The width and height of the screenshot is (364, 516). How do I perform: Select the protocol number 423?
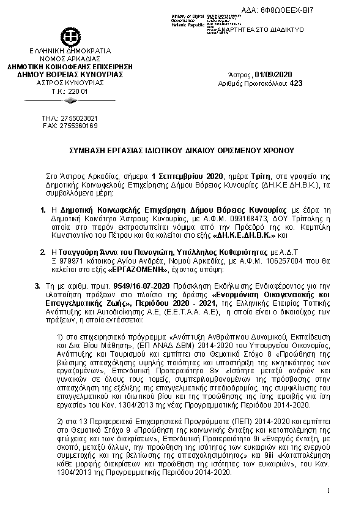pos(296,83)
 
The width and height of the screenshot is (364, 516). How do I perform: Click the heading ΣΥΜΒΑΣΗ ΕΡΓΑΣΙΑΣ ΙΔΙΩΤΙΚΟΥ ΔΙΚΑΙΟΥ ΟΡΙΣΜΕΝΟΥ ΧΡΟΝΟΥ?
pos(181,150)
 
